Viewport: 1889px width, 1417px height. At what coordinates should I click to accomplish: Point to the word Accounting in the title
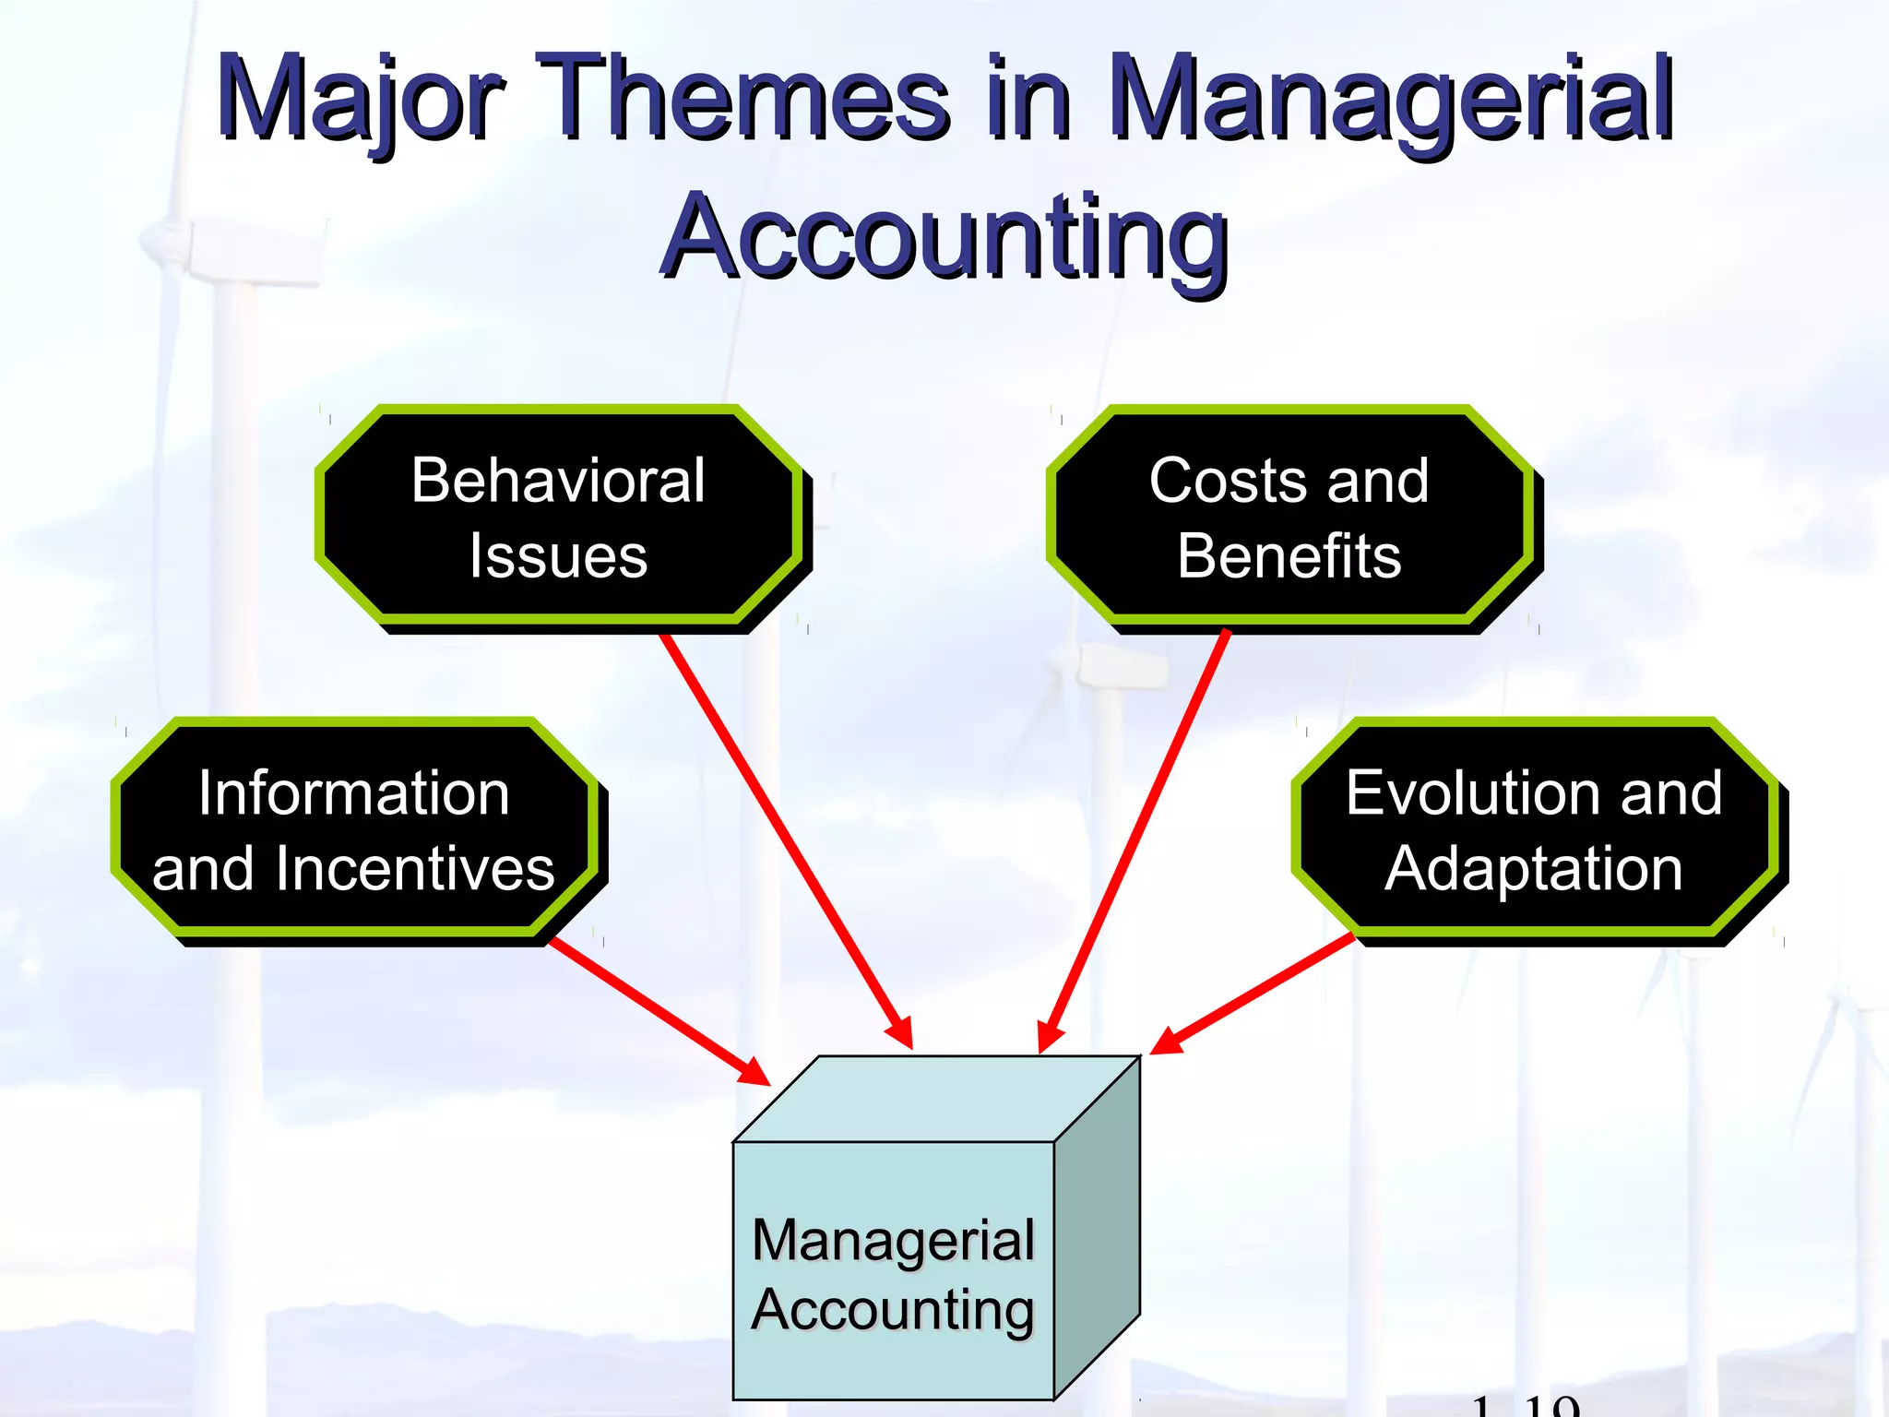tap(944, 238)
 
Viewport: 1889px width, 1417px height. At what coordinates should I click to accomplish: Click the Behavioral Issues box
tap(559, 517)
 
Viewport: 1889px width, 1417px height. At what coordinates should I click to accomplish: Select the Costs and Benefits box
tap(1289, 517)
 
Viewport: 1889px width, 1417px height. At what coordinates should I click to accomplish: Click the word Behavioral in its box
tap(559, 480)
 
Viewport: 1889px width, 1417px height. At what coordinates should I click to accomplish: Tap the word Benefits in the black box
tap(1289, 556)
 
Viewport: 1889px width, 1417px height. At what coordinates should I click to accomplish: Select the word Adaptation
tap(1535, 869)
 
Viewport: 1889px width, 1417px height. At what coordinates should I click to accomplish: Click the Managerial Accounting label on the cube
tap(893, 1275)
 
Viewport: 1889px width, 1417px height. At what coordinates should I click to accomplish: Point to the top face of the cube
tap(936, 1099)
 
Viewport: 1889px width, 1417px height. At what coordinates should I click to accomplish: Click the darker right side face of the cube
tap(1097, 1227)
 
